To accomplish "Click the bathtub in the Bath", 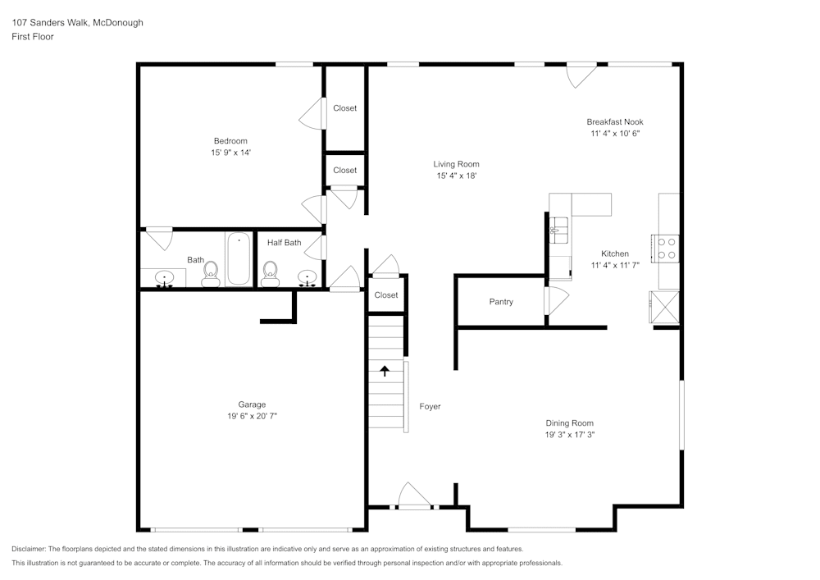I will (239, 259).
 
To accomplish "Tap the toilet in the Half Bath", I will (270, 274).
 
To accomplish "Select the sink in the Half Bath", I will (307, 278).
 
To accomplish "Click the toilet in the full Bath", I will (211, 274).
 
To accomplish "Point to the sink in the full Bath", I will (164, 279).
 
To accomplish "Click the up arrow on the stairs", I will (385, 371).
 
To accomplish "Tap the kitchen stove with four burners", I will (665, 249).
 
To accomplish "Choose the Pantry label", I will (501, 302).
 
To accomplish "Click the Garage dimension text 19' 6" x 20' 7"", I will (252, 417).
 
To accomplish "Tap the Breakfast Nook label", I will (614, 121).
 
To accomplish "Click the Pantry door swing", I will (556, 300).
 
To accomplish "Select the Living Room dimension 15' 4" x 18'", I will (456, 176).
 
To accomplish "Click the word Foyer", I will (430, 406).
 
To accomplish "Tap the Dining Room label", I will (569, 423).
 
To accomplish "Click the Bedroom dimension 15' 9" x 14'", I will (230, 153).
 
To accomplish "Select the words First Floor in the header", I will (33, 37).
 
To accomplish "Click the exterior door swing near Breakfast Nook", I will (581, 75).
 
